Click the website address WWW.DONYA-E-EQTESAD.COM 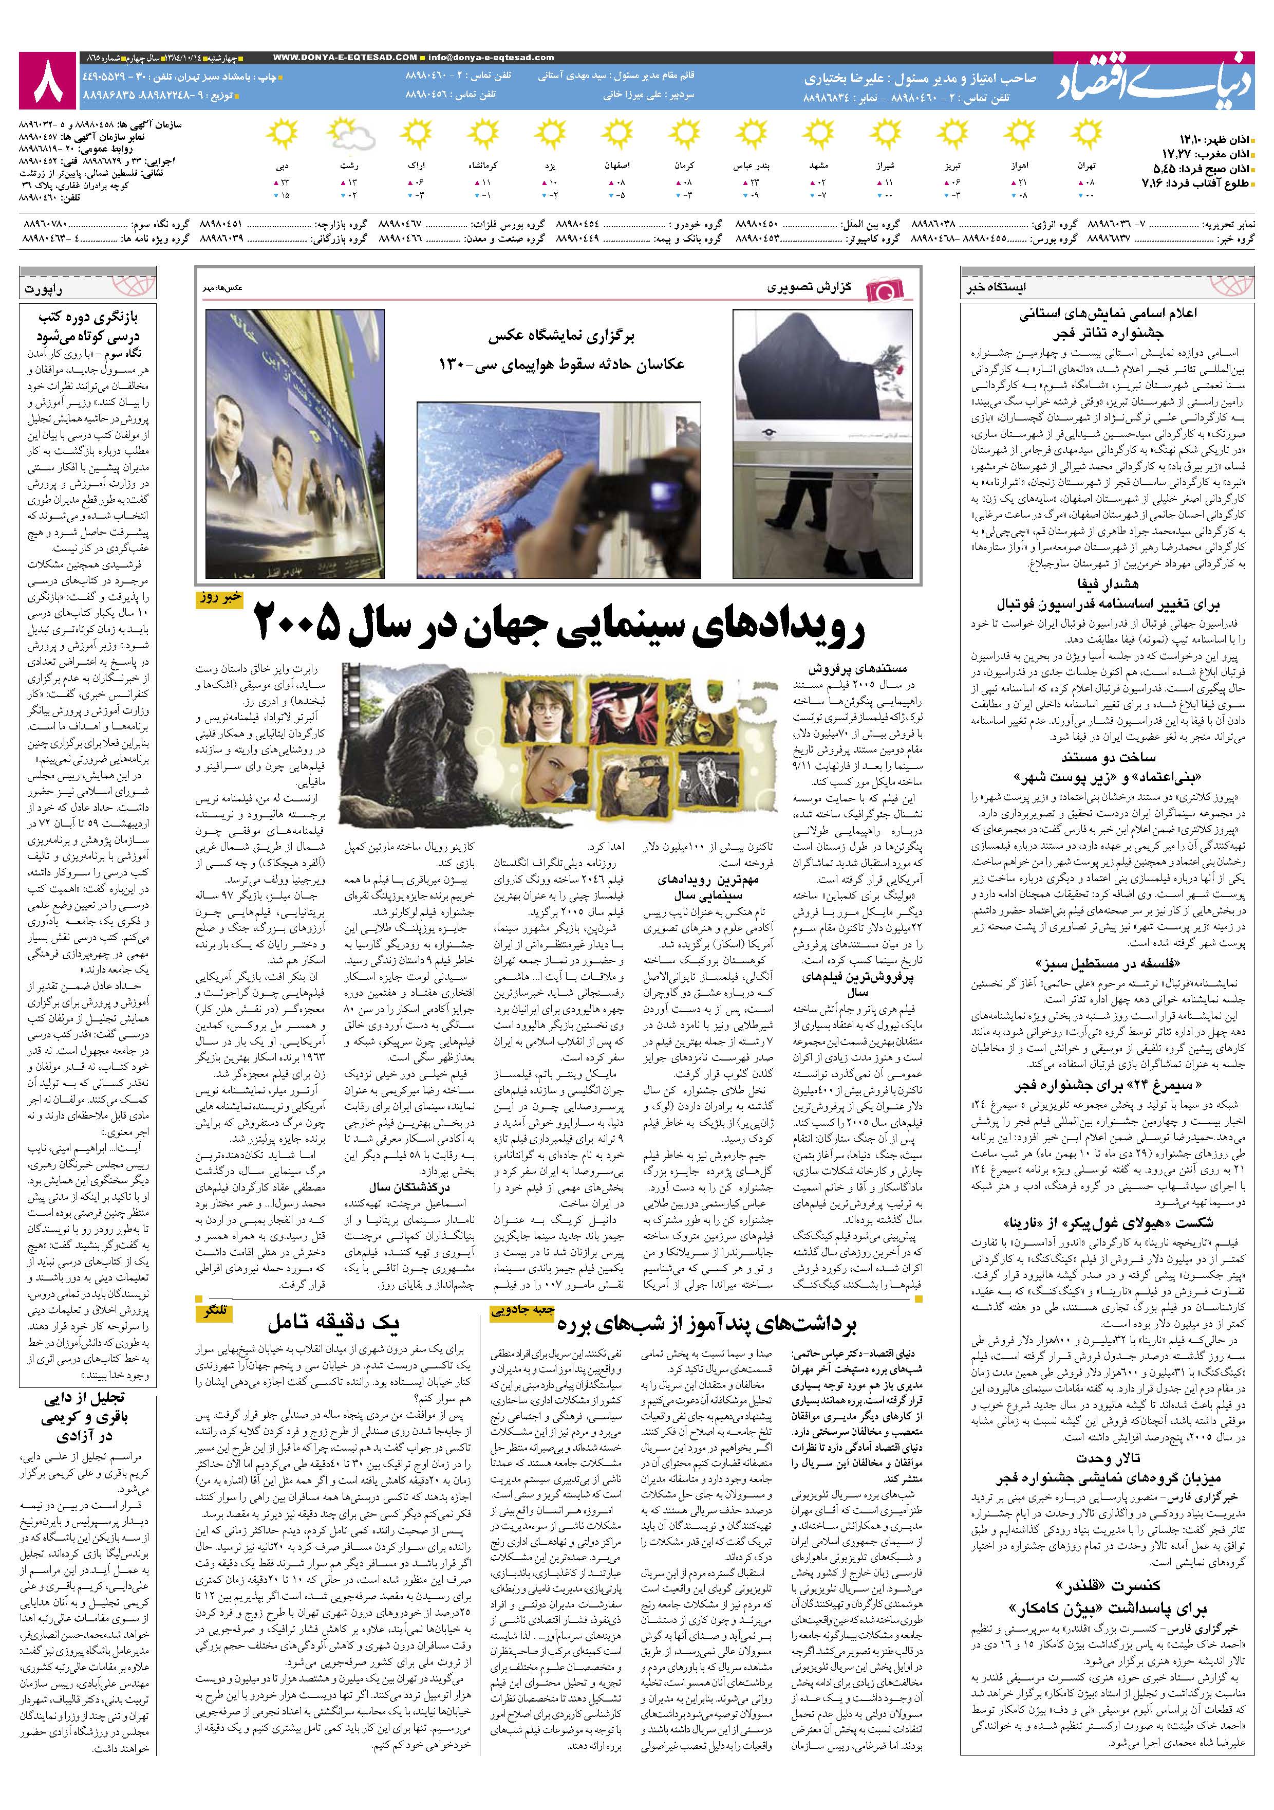346,58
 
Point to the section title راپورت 45,289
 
